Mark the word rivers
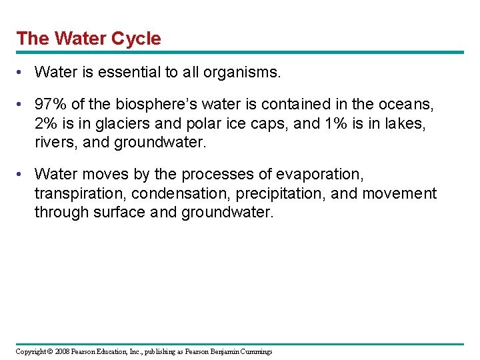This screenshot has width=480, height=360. coord(54,142)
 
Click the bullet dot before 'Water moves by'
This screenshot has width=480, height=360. coord(22,175)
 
